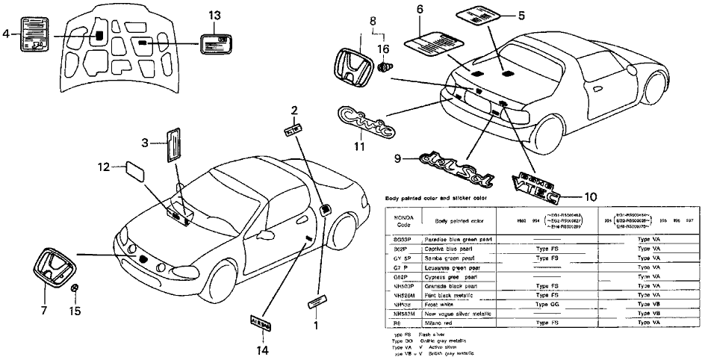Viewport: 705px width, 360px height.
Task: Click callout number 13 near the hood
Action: (x=214, y=16)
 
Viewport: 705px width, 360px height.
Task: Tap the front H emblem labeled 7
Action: (x=55, y=267)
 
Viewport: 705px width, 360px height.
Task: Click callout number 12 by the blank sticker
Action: (x=103, y=168)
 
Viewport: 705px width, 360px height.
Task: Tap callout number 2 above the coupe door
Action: (x=294, y=111)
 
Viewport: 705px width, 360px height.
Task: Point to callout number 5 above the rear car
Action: (x=543, y=14)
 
